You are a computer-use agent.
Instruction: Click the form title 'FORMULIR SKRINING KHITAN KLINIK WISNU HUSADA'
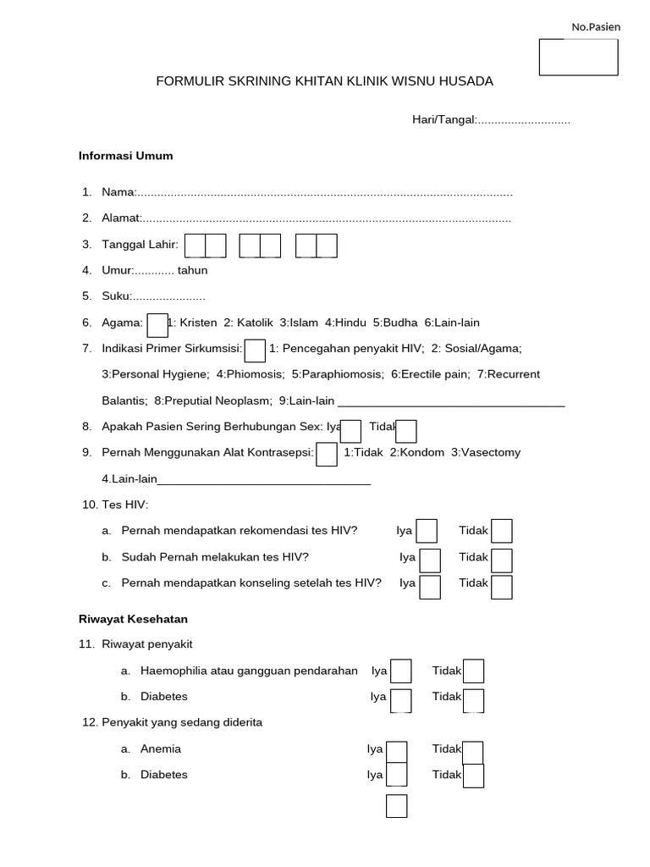click(324, 81)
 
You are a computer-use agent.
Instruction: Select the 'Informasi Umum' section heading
click(125, 156)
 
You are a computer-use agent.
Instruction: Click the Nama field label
click(118, 192)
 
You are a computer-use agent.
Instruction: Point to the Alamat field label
click(121, 218)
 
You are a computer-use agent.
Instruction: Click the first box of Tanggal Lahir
click(196, 246)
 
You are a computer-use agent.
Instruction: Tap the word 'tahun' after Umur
click(192, 271)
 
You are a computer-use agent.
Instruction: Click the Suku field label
click(116, 296)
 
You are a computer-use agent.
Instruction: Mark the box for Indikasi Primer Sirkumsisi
click(255, 350)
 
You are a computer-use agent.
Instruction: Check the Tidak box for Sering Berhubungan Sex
click(406, 431)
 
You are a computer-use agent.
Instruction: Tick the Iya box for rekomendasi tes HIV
click(427, 531)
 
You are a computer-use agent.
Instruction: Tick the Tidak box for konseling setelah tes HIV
click(502, 587)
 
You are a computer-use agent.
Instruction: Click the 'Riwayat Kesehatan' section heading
click(133, 620)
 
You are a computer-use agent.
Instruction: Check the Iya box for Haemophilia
click(401, 671)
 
